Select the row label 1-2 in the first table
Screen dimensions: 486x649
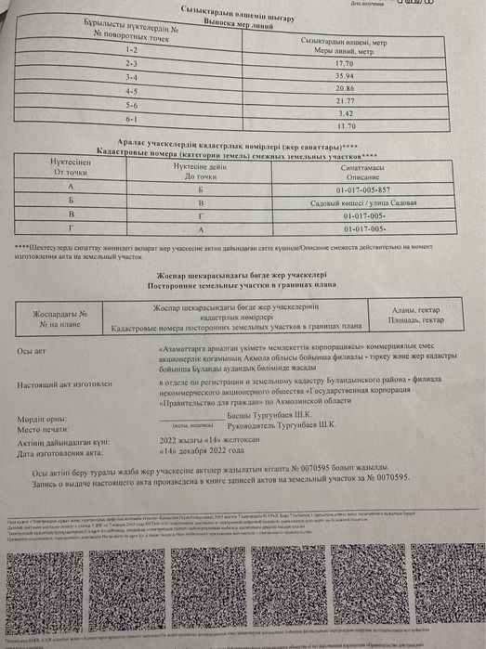coord(132,46)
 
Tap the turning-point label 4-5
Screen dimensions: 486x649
coord(132,92)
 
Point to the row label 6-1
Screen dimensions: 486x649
coord(132,122)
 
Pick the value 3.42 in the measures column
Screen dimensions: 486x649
coord(345,112)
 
